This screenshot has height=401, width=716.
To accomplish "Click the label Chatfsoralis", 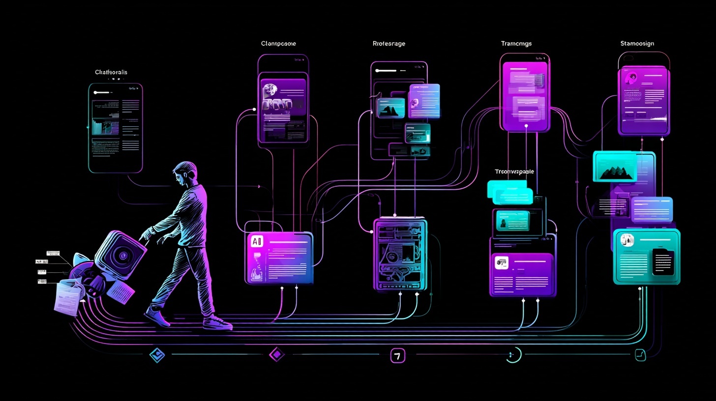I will pyautogui.click(x=111, y=72).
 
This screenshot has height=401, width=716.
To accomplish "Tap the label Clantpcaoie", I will pyautogui.click(x=278, y=44).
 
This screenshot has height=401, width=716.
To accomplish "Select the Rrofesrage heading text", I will pyautogui.click(x=389, y=44).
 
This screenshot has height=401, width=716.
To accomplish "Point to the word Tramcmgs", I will pyautogui.click(x=516, y=44).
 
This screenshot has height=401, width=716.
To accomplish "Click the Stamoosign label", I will pyautogui.click(x=637, y=44).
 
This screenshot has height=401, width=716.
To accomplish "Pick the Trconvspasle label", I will pyautogui.click(x=514, y=172).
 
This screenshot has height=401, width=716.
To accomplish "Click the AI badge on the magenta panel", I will pyautogui.click(x=257, y=241).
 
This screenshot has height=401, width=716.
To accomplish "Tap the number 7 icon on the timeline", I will pyautogui.click(x=397, y=355).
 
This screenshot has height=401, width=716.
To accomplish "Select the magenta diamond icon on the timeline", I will pyautogui.click(x=277, y=354).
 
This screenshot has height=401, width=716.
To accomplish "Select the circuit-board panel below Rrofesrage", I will pyautogui.click(x=400, y=255).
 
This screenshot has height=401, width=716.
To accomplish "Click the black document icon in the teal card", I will pyautogui.click(x=662, y=262).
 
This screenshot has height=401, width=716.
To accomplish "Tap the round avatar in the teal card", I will pyautogui.click(x=627, y=240).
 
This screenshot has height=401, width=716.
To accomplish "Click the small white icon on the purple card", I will pyautogui.click(x=502, y=263).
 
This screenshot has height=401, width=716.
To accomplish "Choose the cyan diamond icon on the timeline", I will pyautogui.click(x=157, y=355).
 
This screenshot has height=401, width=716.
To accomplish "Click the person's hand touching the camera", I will pyautogui.click(x=144, y=237).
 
